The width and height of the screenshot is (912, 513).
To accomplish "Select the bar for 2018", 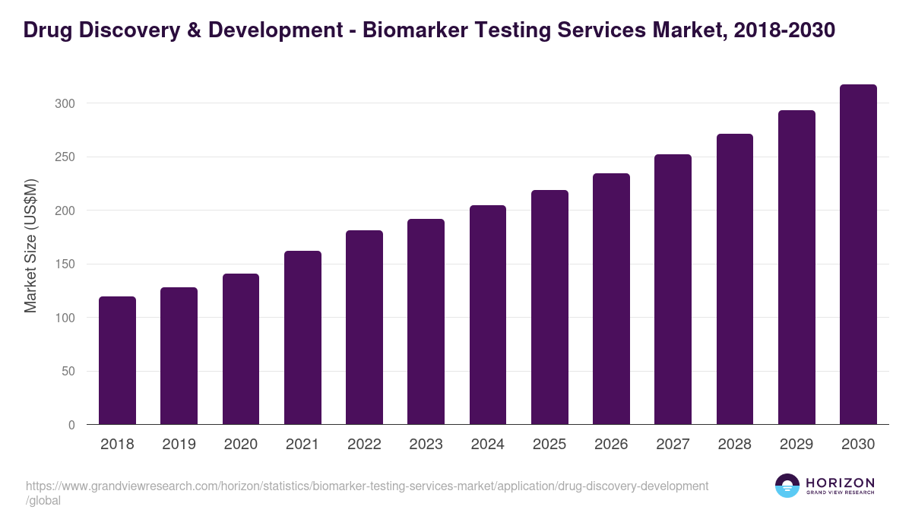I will click(x=117, y=360).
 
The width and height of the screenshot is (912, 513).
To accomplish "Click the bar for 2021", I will click(x=302, y=337).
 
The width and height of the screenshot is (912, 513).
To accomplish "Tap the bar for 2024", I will click(x=488, y=315).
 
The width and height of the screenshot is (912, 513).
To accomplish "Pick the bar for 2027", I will click(x=673, y=290).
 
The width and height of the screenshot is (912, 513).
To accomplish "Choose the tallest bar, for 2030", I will click(x=858, y=255).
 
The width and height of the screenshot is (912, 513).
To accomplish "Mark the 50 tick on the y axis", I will click(x=69, y=372).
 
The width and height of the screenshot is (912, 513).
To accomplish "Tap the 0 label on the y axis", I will click(x=72, y=426).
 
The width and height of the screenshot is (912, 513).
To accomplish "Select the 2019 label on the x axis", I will click(x=179, y=445).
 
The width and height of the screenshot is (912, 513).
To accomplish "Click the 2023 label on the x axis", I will click(x=426, y=445).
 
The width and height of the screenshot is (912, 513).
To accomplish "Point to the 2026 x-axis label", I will click(x=611, y=445).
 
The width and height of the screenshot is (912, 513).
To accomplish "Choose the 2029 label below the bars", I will click(x=796, y=445).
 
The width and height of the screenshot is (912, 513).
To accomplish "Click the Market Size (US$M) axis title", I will click(x=30, y=245).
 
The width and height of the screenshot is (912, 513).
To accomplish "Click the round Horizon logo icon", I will click(x=787, y=486).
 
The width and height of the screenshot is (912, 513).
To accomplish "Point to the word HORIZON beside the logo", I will click(x=840, y=482).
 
